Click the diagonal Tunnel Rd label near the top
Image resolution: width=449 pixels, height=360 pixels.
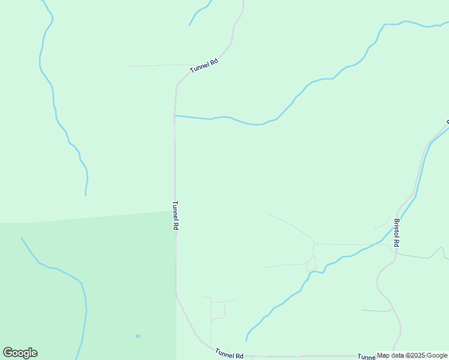[203, 65]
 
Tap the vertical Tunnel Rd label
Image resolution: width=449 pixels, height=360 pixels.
[176, 216]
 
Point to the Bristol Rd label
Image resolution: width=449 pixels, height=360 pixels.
[396, 232]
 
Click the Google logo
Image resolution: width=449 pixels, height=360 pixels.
[20, 353]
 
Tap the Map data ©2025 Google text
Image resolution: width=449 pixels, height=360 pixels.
[412, 355]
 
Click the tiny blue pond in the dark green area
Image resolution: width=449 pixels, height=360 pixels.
[137, 336]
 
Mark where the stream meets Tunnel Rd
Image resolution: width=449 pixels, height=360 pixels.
[175, 115]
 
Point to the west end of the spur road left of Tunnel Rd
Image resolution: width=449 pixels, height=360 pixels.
[128, 66]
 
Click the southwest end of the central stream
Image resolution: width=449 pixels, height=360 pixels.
[246, 340]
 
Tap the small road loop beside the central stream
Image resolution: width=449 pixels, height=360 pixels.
[311, 263]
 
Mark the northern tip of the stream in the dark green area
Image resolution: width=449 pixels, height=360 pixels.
[22, 238]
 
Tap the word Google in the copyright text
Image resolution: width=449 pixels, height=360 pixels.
[437, 355]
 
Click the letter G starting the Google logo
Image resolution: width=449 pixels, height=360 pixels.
[8, 353]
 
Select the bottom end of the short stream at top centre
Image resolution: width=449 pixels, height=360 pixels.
[190, 25]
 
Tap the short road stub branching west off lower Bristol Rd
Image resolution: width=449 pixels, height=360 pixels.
[375, 311]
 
